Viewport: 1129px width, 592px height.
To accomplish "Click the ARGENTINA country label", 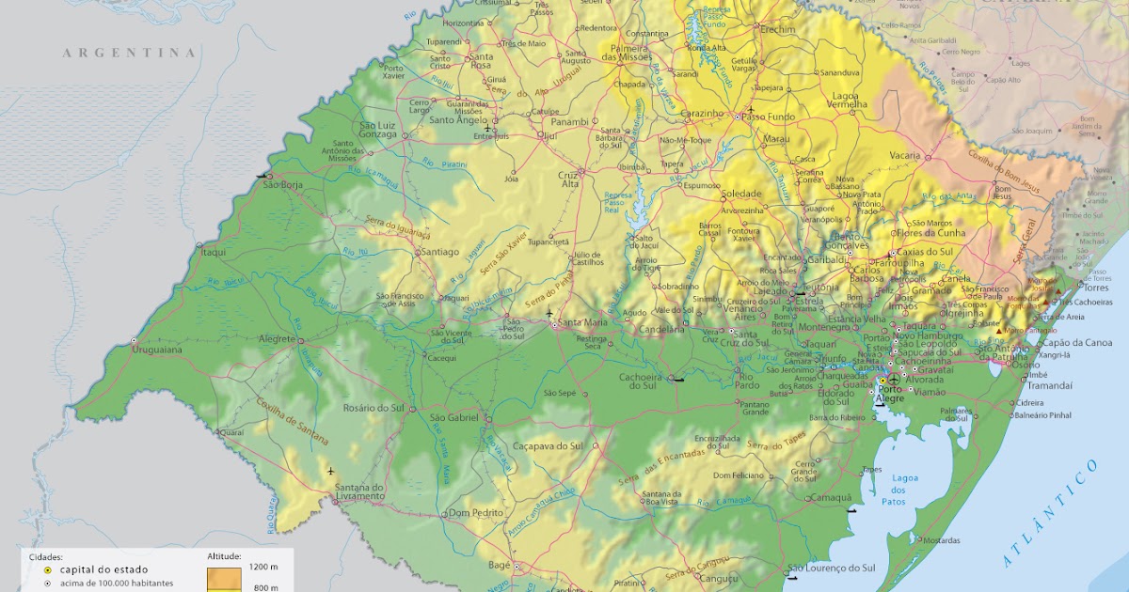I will pos(130,53).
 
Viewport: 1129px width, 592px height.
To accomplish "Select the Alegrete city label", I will pos(277,339).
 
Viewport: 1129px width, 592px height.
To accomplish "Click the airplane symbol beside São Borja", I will pos(261,175).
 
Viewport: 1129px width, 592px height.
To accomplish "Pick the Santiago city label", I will pos(439,252).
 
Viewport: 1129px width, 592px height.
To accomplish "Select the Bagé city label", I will pos(498,565).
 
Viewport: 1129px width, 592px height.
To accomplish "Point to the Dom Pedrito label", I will pos(472,512).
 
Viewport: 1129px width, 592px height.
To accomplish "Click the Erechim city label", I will pos(778,30).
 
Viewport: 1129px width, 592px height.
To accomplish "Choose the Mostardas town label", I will pos(941,540).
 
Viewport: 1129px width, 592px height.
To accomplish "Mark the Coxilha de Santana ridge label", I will pos(292,421).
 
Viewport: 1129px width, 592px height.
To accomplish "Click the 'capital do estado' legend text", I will pos(103,569).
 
